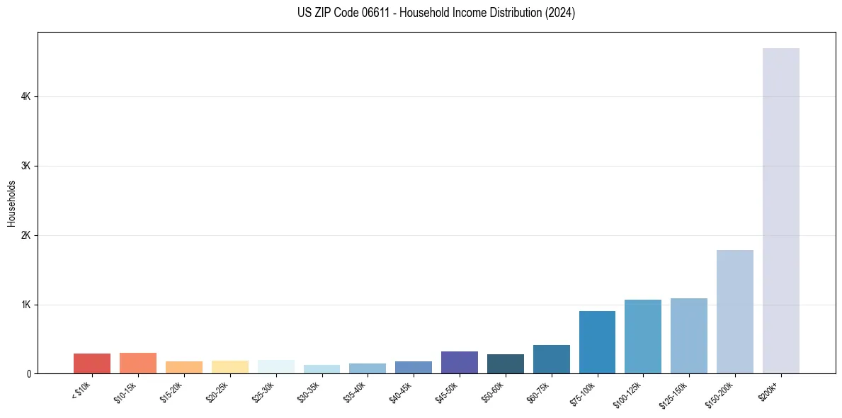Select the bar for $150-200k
[734, 312]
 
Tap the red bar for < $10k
[92, 363]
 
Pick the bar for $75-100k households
[597, 342]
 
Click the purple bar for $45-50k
[459, 363]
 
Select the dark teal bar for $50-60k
[505, 364]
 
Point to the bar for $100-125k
[643, 337]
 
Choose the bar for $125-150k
[688, 336]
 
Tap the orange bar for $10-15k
[138, 363]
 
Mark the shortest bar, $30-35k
[322, 369]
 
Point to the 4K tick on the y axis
[25, 96]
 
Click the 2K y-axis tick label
[25, 235]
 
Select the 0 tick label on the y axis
[28, 373]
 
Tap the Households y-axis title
[11, 203]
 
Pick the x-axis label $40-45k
[402, 392]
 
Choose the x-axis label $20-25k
[218, 392]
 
